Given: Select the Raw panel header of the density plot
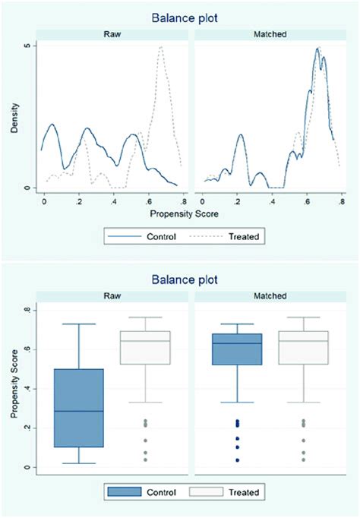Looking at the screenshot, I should click(x=112, y=34).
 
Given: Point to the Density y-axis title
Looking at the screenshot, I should click(x=15, y=118).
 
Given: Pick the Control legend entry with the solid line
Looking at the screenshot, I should click(x=144, y=237).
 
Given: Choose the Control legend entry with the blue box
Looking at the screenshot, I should click(x=144, y=492).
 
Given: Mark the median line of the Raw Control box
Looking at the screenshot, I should click(x=79, y=412).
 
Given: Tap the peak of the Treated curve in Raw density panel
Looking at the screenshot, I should click(x=161, y=47).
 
